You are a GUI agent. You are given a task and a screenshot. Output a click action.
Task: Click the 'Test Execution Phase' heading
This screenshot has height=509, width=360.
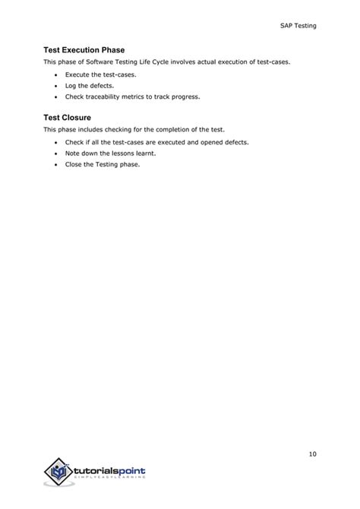84,49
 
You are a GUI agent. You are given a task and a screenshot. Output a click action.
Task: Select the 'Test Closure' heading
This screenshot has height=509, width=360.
68,118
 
